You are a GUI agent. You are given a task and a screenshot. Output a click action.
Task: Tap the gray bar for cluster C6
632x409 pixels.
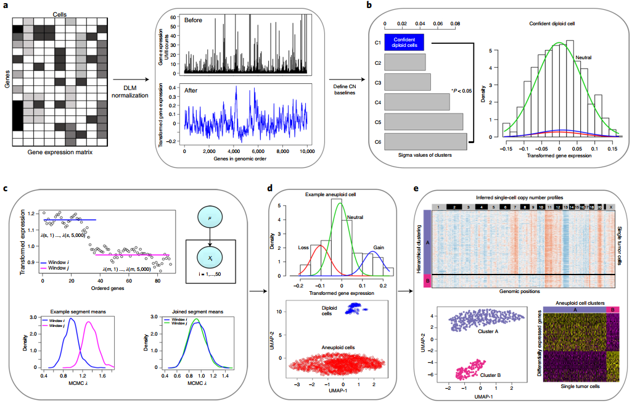tap(427, 141)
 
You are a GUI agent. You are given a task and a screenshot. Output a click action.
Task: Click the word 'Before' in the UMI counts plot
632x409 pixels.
tap(193, 20)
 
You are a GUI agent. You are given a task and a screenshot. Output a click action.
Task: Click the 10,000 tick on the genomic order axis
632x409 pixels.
tap(302, 151)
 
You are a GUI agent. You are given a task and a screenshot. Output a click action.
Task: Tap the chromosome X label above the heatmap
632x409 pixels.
tap(610, 207)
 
